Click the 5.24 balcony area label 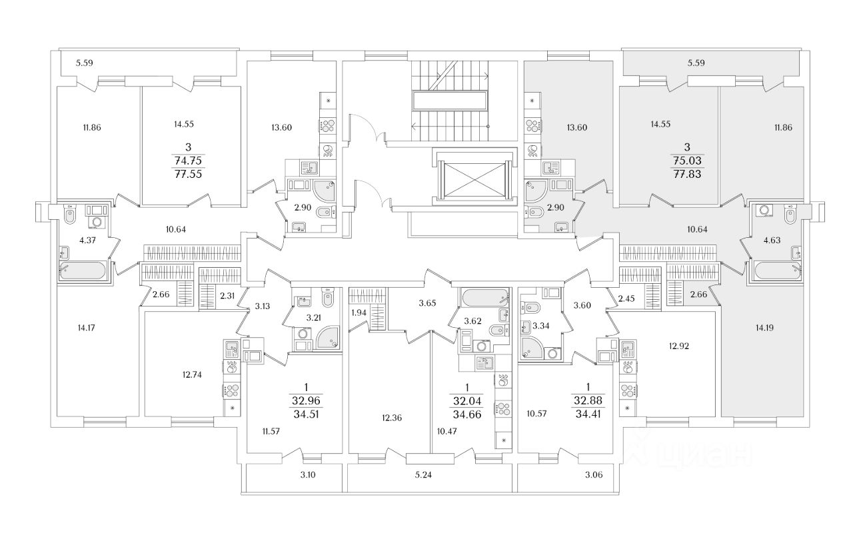click(x=423, y=475)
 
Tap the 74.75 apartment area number click(x=188, y=161)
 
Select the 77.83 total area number click(x=687, y=174)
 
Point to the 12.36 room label click(x=391, y=418)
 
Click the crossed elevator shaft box click(x=474, y=179)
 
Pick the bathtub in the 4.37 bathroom click(x=82, y=270)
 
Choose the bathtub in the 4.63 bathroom click(x=778, y=270)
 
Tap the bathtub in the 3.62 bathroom click(x=484, y=298)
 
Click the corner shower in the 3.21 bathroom click(x=327, y=337)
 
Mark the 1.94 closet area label click(x=359, y=313)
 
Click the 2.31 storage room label click(x=227, y=295)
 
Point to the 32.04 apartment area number click(x=467, y=401)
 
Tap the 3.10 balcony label click(x=308, y=475)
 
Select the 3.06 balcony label click(x=594, y=475)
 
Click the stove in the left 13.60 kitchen click(x=328, y=125)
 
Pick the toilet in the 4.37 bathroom click(x=70, y=215)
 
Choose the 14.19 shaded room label click(x=764, y=328)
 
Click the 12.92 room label click(x=679, y=346)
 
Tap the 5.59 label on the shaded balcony click(x=696, y=63)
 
